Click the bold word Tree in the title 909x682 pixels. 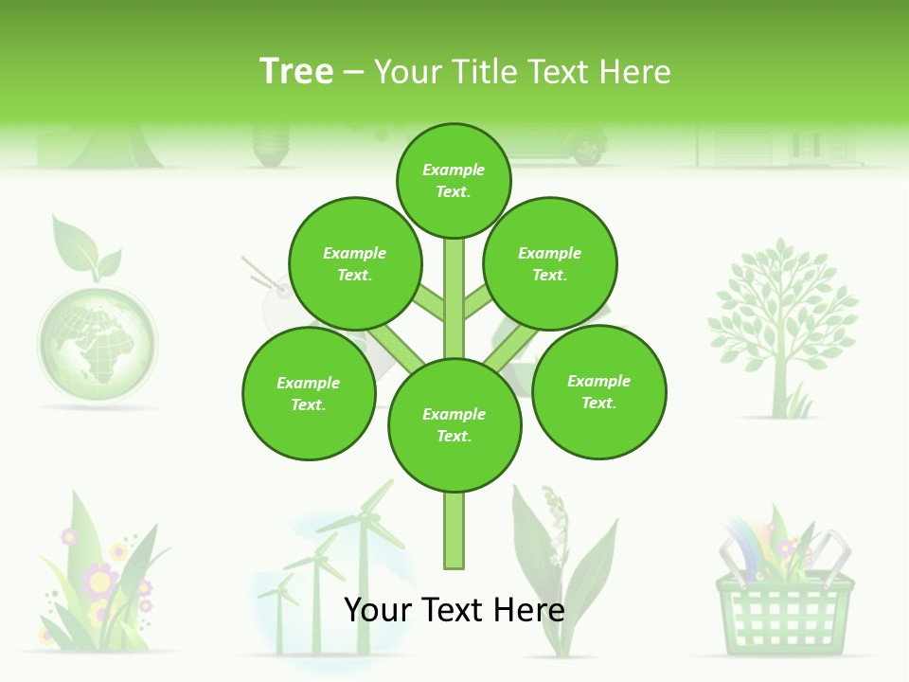coord(296,72)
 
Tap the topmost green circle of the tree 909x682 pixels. coord(454,180)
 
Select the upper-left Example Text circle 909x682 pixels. coord(354,263)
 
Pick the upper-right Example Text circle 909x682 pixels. coord(550,263)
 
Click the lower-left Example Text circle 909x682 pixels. coord(309,393)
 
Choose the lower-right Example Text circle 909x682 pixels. coord(598,391)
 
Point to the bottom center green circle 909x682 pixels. coord(454,425)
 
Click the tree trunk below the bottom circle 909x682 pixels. coord(454,530)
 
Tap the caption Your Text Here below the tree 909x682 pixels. coord(454,610)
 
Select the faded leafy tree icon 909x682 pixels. coord(782,322)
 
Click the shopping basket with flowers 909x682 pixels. coord(784,587)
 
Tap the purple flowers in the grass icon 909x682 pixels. coord(99,578)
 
